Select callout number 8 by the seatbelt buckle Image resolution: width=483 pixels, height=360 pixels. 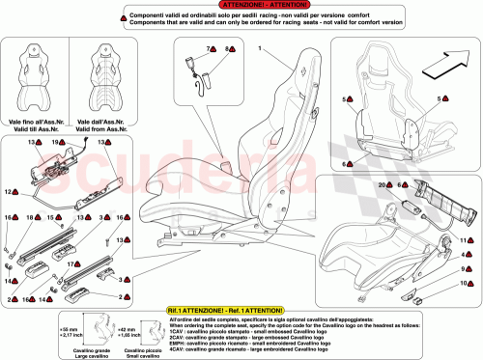228,47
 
